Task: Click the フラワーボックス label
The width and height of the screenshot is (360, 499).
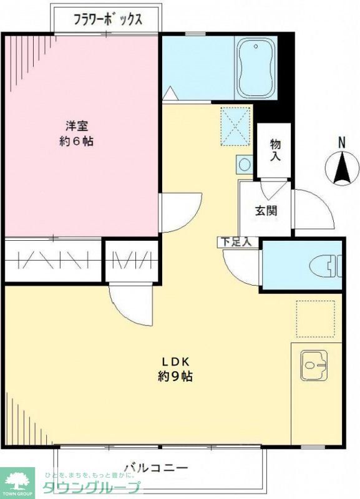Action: tap(107, 19)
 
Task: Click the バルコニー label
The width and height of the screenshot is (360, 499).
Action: tap(156, 467)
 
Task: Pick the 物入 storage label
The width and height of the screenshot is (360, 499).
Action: tap(275, 150)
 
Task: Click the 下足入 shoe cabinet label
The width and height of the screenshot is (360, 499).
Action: tap(235, 241)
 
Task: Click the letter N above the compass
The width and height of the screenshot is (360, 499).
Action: tap(342, 142)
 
